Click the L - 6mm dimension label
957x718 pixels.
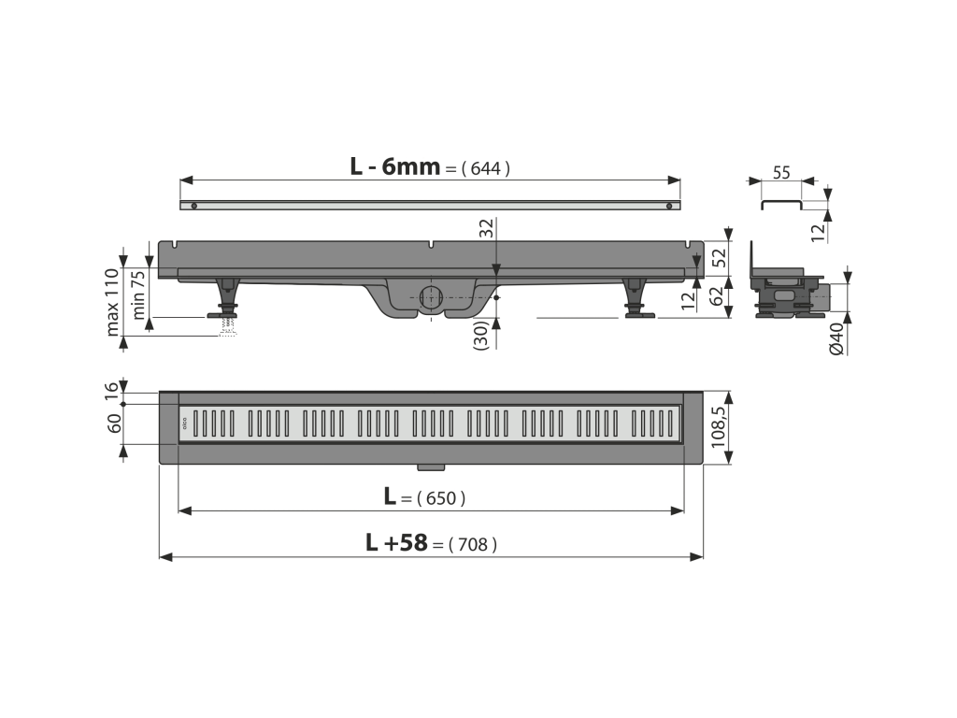point(395,166)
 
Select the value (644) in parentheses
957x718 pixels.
point(485,168)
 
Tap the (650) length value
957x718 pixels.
point(441,499)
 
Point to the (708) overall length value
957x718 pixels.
point(472,545)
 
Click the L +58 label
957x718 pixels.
point(396,542)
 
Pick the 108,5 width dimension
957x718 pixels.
point(719,427)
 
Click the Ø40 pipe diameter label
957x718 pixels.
point(836,338)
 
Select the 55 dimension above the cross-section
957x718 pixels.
point(781,173)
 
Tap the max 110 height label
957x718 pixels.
point(112,302)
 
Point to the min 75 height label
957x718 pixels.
point(138,294)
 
